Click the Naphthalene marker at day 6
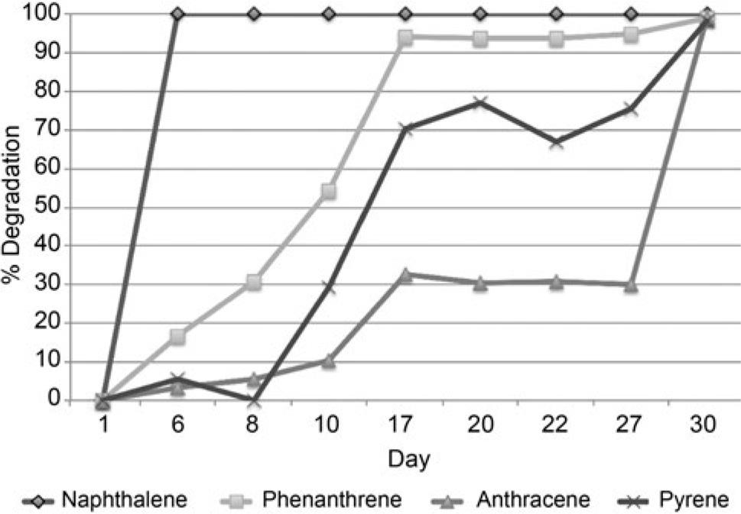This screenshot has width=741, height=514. pyautogui.click(x=177, y=14)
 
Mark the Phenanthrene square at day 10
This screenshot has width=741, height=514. pyautogui.click(x=329, y=191)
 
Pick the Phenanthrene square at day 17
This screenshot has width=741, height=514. pyautogui.click(x=405, y=37)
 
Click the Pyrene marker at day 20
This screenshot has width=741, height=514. pyautogui.click(x=479, y=102)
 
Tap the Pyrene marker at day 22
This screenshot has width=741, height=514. pyautogui.click(x=556, y=142)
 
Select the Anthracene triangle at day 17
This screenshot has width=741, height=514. pyautogui.click(x=405, y=275)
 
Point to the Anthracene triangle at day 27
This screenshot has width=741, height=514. pyautogui.click(x=631, y=285)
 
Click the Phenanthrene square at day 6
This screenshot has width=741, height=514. pyautogui.click(x=177, y=336)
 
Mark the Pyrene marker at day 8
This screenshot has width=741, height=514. pyautogui.click(x=254, y=400)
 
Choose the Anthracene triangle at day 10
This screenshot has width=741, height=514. pyautogui.click(x=329, y=360)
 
